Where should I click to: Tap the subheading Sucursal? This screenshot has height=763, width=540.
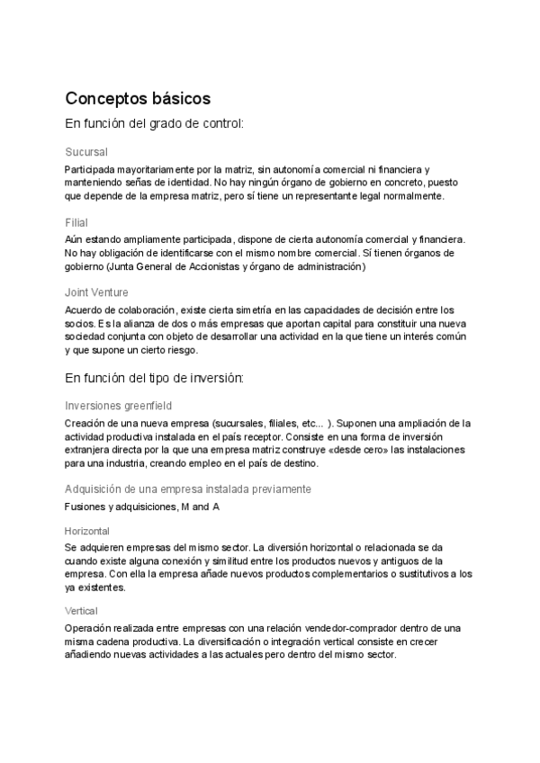click(x=86, y=152)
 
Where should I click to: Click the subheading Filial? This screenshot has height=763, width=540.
click(x=76, y=222)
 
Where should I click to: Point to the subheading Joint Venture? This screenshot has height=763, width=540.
click(x=96, y=292)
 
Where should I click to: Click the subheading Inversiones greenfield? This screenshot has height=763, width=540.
click(x=118, y=406)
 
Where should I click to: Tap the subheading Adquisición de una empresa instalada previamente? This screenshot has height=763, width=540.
click(x=188, y=489)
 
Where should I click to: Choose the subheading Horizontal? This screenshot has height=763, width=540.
click(x=87, y=531)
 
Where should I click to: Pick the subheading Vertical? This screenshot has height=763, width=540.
click(x=82, y=611)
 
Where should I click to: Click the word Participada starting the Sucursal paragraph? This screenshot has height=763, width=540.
click(x=91, y=169)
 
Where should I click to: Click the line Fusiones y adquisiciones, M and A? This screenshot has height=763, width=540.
click(x=142, y=507)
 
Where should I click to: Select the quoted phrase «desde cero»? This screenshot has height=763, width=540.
click(x=339, y=450)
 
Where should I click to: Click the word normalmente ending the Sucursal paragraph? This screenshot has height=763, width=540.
click(x=420, y=196)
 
